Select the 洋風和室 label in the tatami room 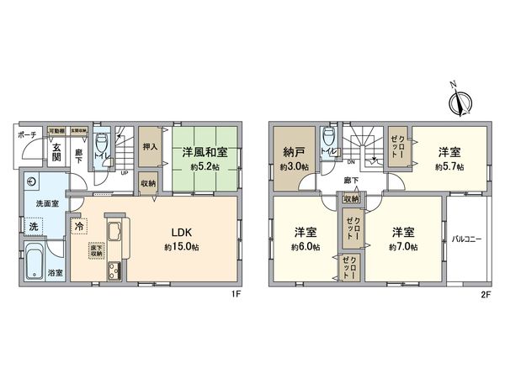[x=207, y=154]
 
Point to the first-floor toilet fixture [x=102, y=144]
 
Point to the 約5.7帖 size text [x=449, y=166]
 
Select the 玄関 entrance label [x=56, y=150]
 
